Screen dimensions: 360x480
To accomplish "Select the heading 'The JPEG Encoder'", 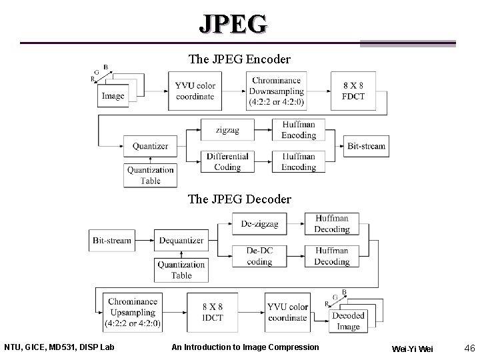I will [x=239, y=59].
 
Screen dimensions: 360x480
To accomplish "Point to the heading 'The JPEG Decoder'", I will [x=239, y=199].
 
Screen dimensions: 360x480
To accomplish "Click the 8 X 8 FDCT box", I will [x=353, y=91].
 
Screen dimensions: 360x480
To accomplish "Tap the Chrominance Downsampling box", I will [x=277, y=91].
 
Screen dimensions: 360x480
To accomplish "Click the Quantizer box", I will [x=150, y=146].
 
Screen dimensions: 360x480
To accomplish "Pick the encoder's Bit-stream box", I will [x=366, y=146].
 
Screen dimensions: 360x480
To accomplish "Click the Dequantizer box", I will [x=181, y=240].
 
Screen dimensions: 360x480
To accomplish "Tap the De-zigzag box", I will [x=259, y=224].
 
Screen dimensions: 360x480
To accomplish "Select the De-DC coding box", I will [x=259, y=256].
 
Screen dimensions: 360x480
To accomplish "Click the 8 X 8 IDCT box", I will [x=213, y=312].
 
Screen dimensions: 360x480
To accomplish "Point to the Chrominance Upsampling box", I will [x=132, y=312].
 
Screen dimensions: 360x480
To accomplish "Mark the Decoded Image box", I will [x=348, y=320].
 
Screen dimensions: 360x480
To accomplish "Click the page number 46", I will [x=468, y=347].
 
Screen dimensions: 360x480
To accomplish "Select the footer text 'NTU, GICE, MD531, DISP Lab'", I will [x=59, y=347].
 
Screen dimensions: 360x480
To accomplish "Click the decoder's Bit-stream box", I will [x=111, y=240].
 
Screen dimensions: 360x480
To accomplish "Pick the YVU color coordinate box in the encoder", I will [x=195, y=91].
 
